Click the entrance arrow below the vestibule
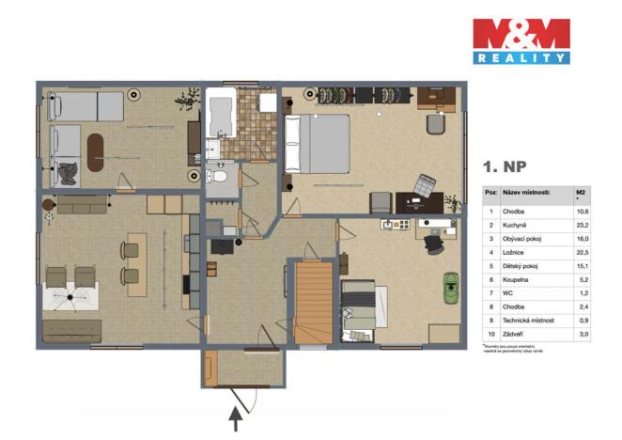tap(236, 415)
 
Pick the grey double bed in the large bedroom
tap(317, 143)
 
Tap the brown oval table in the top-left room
tap(95, 149)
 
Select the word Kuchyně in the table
tap(519, 225)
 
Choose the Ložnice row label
tap(516, 252)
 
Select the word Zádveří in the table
tap(516, 335)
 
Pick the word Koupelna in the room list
tap(518, 279)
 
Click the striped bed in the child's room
tap(359, 306)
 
